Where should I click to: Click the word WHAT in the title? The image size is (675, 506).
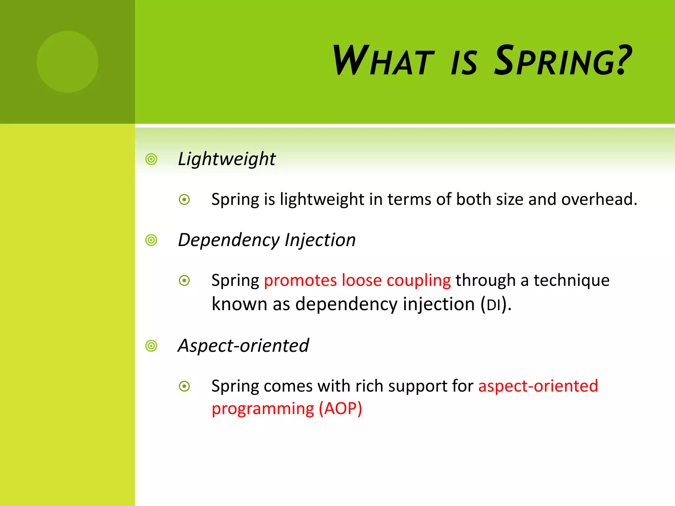coord(383,61)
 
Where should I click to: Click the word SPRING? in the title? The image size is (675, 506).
coord(563,61)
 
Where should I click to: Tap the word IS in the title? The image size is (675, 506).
coord(464,63)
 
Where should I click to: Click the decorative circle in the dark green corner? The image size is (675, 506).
coord(67,62)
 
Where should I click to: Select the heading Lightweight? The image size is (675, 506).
coord(226,159)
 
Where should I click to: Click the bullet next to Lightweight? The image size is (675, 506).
coord(151,159)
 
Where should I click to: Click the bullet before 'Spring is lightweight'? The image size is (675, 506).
coord(184,200)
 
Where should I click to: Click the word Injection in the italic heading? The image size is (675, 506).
coord(320,240)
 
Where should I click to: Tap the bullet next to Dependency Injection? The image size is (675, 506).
coord(151,240)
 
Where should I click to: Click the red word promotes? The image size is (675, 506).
coord(300,281)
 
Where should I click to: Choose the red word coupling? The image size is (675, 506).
coord(419,281)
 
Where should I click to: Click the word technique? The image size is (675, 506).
coord(572,281)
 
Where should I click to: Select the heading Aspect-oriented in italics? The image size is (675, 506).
coord(243,346)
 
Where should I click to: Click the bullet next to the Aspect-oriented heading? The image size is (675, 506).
coord(151,346)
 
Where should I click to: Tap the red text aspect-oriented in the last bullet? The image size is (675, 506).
coord(538,386)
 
